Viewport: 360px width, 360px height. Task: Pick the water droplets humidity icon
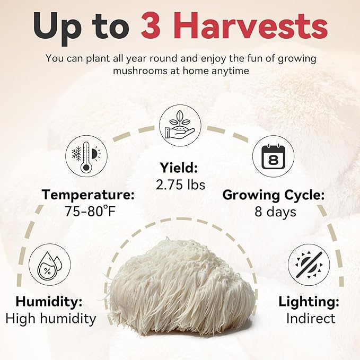click(x=49, y=265)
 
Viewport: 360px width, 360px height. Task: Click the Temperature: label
click(x=89, y=195)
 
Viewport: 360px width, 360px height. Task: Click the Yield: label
click(x=179, y=169)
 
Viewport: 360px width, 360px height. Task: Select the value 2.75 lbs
click(x=180, y=185)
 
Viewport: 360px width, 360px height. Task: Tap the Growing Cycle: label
click(x=273, y=195)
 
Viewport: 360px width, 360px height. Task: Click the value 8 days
click(x=274, y=212)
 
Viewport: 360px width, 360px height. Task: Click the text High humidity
click(x=51, y=319)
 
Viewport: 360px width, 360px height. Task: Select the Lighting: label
click(x=309, y=302)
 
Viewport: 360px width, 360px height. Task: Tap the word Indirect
click(x=310, y=319)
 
